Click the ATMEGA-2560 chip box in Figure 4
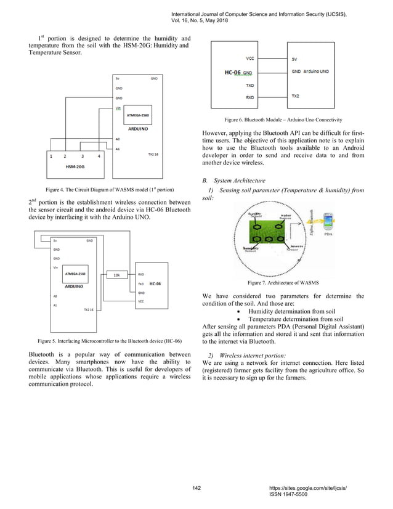pos(136,115)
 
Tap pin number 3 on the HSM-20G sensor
pos(82,157)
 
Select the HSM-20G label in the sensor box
pos(76,166)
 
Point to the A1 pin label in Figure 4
pos(118,149)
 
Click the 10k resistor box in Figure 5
pos(116,274)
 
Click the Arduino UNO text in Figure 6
pos(316,71)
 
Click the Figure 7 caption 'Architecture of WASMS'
pos(283,282)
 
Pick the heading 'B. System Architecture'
pos(236,181)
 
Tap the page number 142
pos(197,488)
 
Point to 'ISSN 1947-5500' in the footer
pos(294,495)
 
